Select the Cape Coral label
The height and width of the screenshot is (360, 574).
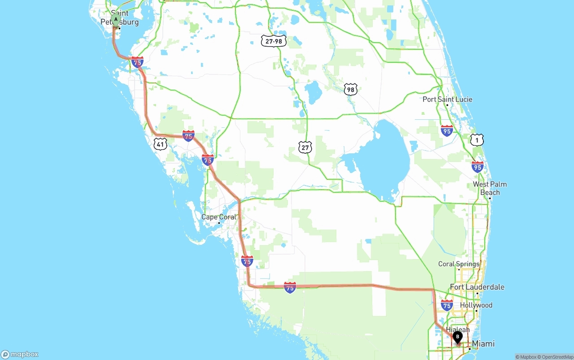click(218, 217)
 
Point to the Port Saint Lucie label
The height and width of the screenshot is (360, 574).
click(447, 99)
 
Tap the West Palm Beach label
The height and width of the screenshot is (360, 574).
click(490, 188)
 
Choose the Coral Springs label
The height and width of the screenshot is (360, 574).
click(459, 264)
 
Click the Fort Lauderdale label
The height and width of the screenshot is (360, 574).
click(477, 287)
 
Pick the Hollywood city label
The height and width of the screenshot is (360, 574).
click(476, 305)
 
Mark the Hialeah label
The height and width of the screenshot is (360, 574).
click(457, 330)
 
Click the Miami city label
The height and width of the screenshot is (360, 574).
click(483, 344)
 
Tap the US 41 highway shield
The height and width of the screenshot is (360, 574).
click(160, 144)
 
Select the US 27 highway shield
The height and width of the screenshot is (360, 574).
click(305, 147)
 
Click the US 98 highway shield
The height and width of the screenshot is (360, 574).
click(351, 89)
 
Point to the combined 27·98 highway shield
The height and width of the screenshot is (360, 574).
click(274, 41)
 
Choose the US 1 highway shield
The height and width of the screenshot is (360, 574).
click(477, 140)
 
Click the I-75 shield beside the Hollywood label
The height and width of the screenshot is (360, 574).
click(447, 306)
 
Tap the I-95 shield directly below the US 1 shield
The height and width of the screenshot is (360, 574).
click(478, 167)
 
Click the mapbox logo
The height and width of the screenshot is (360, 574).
click(20, 354)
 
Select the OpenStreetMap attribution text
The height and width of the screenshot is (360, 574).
click(557, 357)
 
